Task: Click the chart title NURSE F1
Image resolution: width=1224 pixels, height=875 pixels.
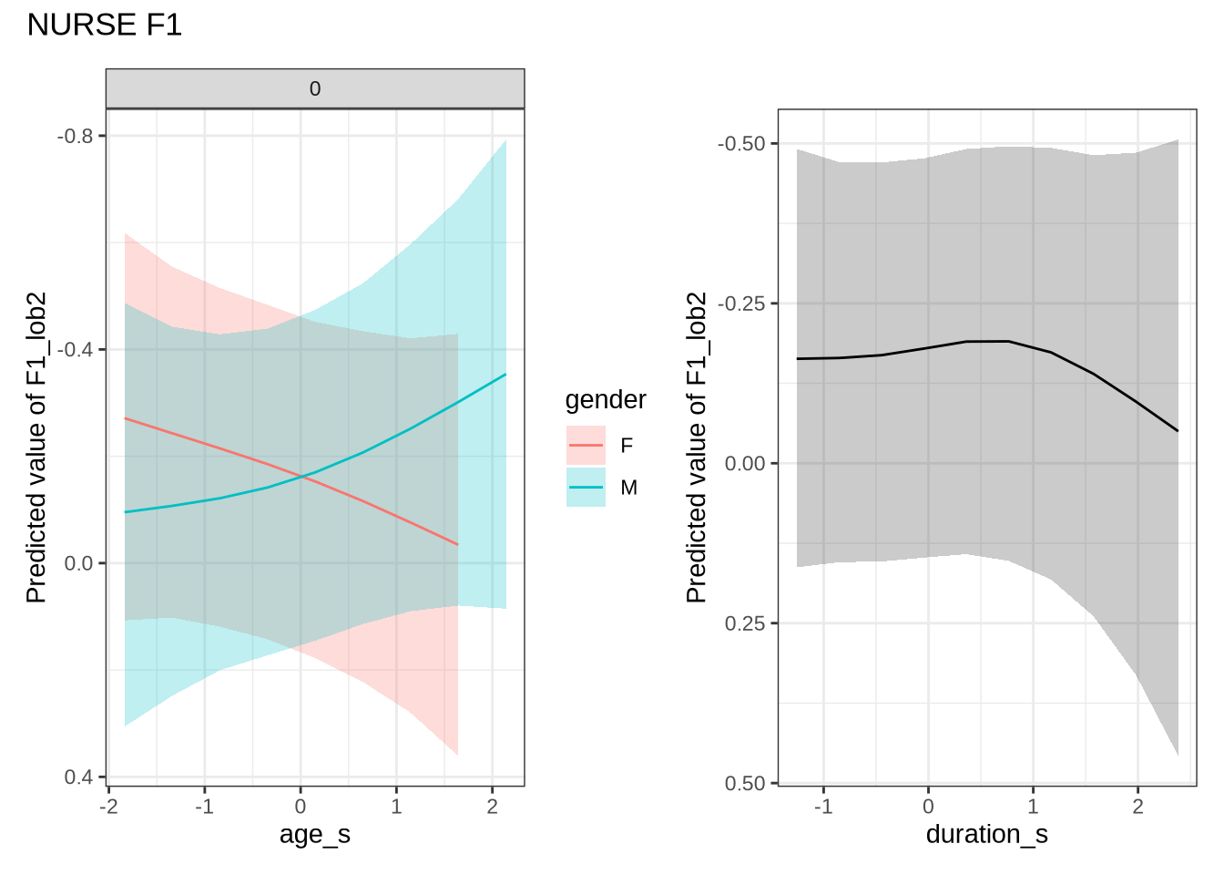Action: [105, 25]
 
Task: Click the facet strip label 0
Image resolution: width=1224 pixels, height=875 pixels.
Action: [315, 89]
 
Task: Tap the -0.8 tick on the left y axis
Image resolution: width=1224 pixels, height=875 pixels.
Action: [76, 136]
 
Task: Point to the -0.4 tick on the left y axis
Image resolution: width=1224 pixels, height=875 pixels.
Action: [76, 349]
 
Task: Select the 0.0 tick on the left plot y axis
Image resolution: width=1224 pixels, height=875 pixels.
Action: [79, 563]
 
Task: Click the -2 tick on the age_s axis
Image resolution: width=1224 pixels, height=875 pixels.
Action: [108, 807]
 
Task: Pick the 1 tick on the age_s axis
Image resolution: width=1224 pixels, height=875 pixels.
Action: [396, 807]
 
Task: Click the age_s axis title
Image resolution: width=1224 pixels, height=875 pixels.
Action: [315, 835]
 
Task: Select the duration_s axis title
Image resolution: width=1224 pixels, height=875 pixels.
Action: [986, 835]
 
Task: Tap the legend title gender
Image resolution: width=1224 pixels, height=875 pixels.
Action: [606, 400]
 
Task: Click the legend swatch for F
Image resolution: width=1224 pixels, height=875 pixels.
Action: [586, 446]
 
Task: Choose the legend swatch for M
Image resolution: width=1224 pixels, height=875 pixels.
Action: [586, 488]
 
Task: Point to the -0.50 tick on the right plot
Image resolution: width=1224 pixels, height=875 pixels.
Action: [741, 144]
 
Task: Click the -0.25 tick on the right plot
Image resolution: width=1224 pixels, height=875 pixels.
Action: [741, 304]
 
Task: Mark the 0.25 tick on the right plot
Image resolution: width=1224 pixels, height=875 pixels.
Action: [745, 623]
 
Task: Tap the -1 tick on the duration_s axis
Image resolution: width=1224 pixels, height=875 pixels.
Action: [823, 807]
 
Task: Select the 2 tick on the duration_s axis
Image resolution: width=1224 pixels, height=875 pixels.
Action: [1137, 807]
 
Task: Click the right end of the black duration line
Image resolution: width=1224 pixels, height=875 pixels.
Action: [1178, 430]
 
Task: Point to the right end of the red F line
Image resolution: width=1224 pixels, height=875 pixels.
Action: [457, 544]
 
